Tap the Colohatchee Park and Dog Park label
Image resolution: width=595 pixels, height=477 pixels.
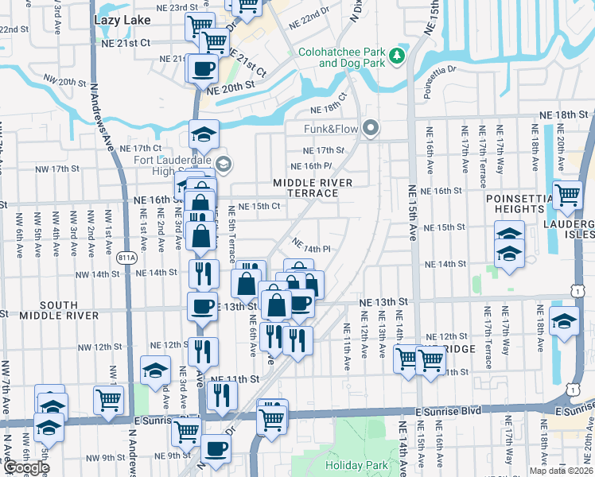pyautogui.click(x=341, y=57)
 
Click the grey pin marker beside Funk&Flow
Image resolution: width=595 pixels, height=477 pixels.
pyautogui.click(x=370, y=128)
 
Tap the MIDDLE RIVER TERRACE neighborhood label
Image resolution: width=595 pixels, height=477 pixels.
pyautogui.click(x=312, y=188)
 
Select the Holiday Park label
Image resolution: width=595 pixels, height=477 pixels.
pyautogui.click(x=354, y=465)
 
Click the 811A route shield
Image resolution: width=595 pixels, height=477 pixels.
pyautogui.click(x=126, y=258)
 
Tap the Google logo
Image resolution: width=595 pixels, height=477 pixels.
pyautogui.click(x=25, y=467)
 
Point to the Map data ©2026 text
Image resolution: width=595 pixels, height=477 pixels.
pyautogui.click(x=560, y=471)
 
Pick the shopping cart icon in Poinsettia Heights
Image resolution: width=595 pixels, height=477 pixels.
pyautogui.click(x=567, y=194)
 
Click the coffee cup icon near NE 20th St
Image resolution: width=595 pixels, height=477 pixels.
pyautogui.click(x=203, y=68)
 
